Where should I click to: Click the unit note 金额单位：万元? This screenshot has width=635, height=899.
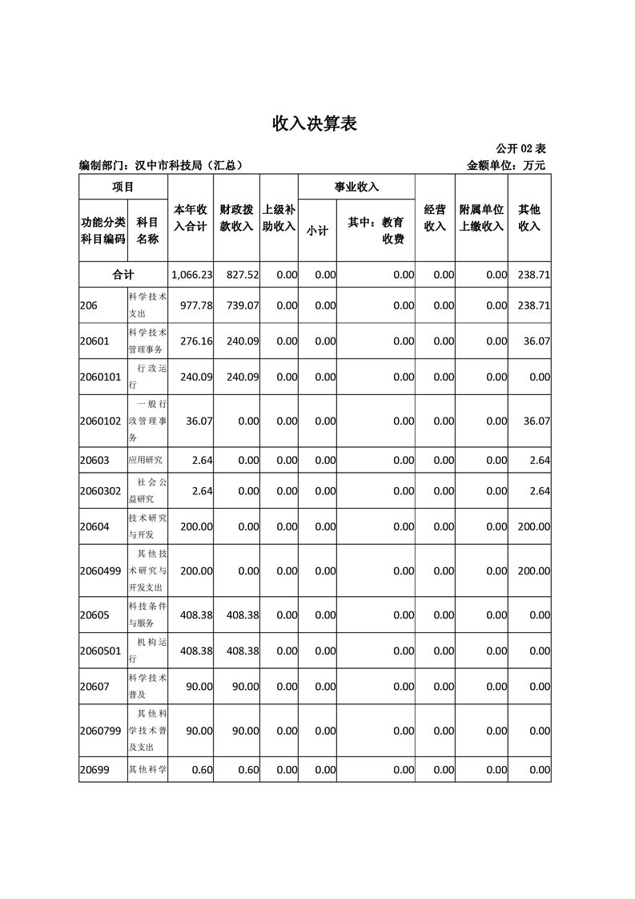coord(506,166)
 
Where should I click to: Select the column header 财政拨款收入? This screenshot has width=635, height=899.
coord(236,217)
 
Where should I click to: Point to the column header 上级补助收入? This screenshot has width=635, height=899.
coord(279,217)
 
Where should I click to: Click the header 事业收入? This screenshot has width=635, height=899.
coord(356,187)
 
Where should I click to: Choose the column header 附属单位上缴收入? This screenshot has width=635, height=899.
coord(481,217)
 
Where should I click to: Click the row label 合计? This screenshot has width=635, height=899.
coord(123,274)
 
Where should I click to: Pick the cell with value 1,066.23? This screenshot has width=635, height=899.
coord(192,274)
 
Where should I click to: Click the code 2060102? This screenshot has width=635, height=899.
coord(101,421)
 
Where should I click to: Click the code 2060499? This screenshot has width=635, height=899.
coord(101,570)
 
